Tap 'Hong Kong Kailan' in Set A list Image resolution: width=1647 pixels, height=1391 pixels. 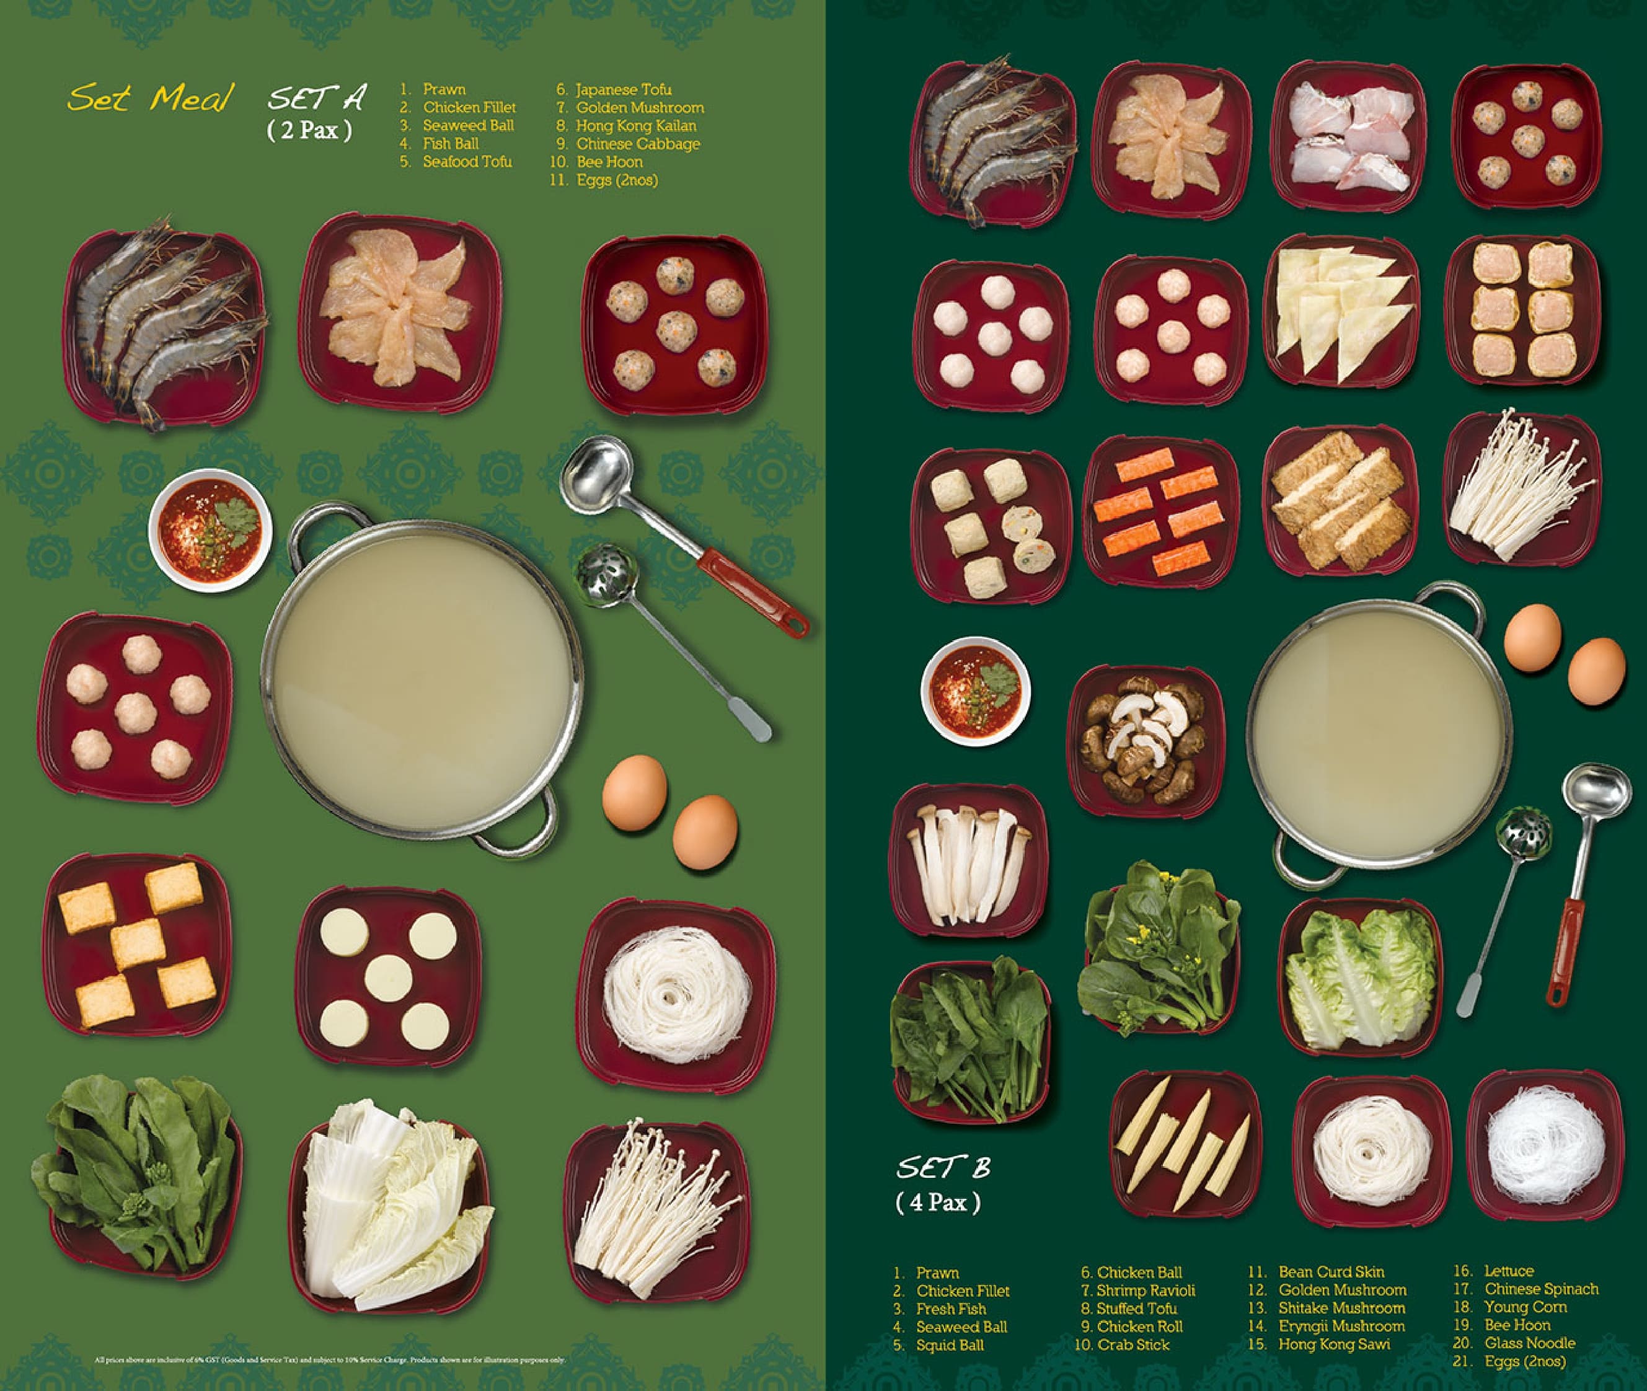pos(635,125)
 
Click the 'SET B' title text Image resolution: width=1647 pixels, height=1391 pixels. pos(943,1168)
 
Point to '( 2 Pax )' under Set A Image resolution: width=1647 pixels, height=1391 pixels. pos(309,130)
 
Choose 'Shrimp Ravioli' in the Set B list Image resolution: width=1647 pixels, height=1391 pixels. pos(1144,1290)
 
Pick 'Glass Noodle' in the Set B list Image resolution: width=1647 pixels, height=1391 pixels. pos(1529,1343)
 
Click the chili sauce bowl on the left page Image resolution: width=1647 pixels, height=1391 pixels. pos(210,530)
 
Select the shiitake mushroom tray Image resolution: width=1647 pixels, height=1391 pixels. pos(1145,740)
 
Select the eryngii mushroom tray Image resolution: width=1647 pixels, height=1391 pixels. pos(968,862)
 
